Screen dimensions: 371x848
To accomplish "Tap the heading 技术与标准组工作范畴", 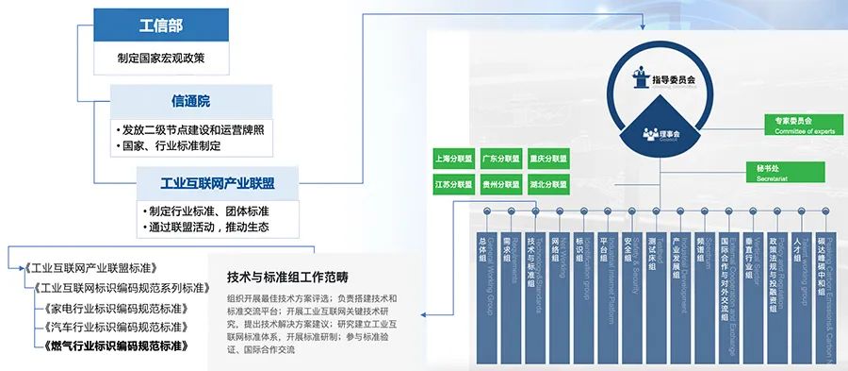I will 287,278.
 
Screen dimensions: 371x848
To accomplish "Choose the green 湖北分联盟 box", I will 547,182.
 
